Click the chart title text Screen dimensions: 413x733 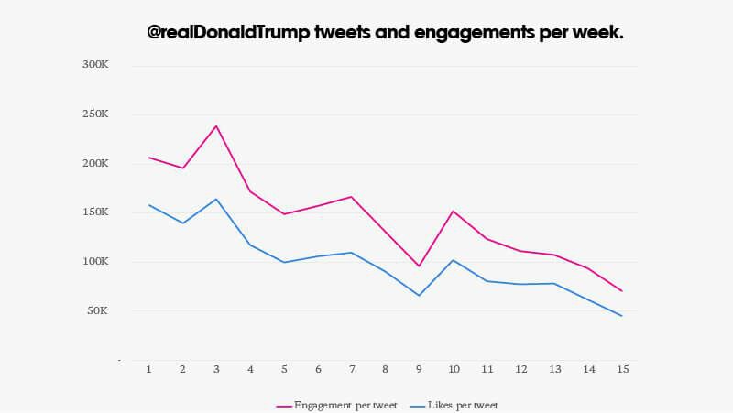click(x=386, y=32)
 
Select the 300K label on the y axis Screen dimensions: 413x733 click(x=95, y=65)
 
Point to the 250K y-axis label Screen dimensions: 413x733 click(x=95, y=114)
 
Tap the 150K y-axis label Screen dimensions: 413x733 click(x=95, y=212)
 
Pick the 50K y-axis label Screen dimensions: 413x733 click(x=98, y=311)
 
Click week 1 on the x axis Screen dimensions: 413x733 click(x=148, y=369)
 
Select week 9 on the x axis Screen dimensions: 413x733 click(x=419, y=369)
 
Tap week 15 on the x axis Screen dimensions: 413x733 click(x=622, y=369)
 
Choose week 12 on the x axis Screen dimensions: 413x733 click(x=520, y=369)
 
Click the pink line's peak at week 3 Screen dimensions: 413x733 click(x=216, y=125)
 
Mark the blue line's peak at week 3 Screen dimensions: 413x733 click(x=216, y=199)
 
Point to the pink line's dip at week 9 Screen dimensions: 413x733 click(x=419, y=266)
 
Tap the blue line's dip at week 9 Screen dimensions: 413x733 click(x=419, y=296)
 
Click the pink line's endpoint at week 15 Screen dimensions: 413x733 click(x=622, y=291)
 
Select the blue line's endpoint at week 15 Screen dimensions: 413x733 click(x=622, y=316)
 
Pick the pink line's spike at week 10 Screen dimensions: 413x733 click(x=453, y=211)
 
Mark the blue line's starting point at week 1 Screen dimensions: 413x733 click(x=148, y=205)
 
